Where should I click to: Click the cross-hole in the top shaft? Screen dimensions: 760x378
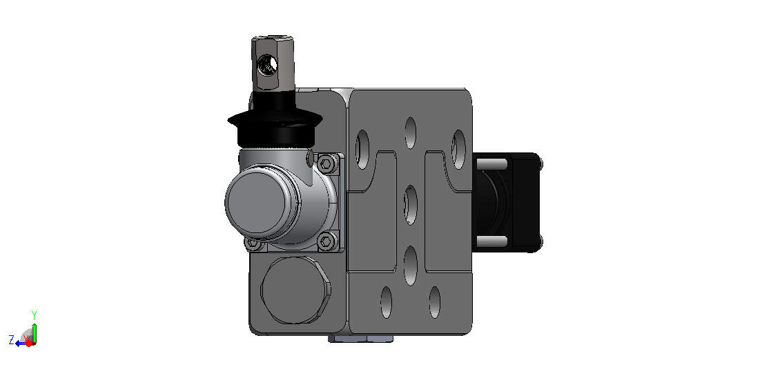coord(267,64)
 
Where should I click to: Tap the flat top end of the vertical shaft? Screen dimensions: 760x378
coord(273,38)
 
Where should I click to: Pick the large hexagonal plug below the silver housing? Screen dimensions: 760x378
coord(295,290)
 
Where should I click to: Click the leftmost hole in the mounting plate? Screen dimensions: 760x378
coord(362,149)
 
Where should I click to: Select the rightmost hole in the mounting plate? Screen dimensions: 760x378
coord(458,149)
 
